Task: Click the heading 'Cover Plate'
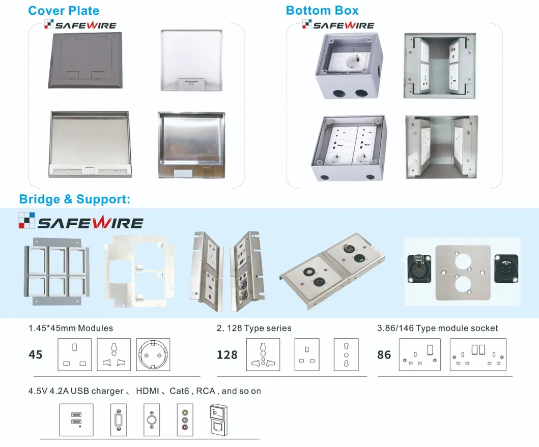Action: pos(64,11)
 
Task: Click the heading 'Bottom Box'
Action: pos(322,11)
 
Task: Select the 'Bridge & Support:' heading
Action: pos(75,199)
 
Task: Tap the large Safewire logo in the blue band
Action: pos(81,221)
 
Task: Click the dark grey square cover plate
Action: pos(85,60)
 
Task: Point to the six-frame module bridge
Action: pos(56,271)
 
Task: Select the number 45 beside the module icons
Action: pos(36,354)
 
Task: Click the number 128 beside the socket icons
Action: pos(227,354)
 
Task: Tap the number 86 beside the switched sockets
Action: pos(384,354)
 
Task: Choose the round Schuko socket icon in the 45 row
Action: pos(153,354)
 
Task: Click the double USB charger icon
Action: pos(76,420)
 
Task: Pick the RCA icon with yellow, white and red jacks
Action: pos(185,420)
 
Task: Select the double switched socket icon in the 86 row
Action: pos(478,354)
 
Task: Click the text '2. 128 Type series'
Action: pos(254,328)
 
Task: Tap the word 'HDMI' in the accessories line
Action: pos(148,391)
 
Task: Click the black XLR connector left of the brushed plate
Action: pos(419,269)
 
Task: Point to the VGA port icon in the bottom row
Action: pos(119,420)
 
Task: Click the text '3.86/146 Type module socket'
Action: pos(438,328)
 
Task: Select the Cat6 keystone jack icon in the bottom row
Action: pos(218,420)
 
